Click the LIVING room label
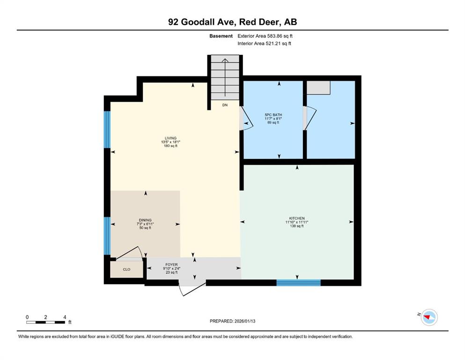(170, 138)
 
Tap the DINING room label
(145, 220)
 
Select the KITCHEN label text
(297, 218)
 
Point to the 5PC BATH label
(273, 114)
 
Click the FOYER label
(171, 264)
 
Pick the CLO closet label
(126, 270)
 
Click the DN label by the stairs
(225, 105)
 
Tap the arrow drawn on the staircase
(225, 77)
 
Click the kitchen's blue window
(299, 283)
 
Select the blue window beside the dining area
(107, 236)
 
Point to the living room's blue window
(107, 129)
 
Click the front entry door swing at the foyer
(192, 289)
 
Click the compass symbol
(429, 317)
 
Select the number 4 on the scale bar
(65, 317)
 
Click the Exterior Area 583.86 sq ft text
(265, 36)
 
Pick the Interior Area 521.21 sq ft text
(264, 43)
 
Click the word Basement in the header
(221, 36)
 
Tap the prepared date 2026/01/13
(244, 321)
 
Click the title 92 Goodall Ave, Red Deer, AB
(232, 22)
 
